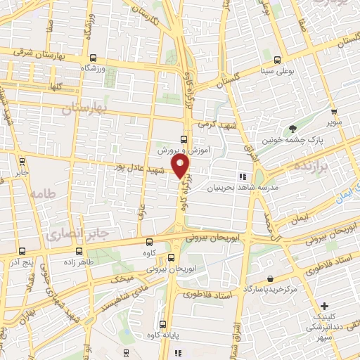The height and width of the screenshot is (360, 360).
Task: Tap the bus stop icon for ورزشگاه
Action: (x=93, y=59)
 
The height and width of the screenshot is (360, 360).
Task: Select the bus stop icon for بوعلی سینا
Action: (x=278, y=60)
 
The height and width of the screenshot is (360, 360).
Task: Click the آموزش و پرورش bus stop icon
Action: (x=184, y=139)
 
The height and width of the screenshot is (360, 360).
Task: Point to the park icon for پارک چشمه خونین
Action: (x=292, y=128)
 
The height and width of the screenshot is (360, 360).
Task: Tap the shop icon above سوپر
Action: (x=333, y=112)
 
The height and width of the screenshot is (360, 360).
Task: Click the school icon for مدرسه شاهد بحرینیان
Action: (x=242, y=177)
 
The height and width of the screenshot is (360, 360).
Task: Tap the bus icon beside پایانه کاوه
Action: (x=163, y=325)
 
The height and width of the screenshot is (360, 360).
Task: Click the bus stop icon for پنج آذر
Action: (x=22, y=250)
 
